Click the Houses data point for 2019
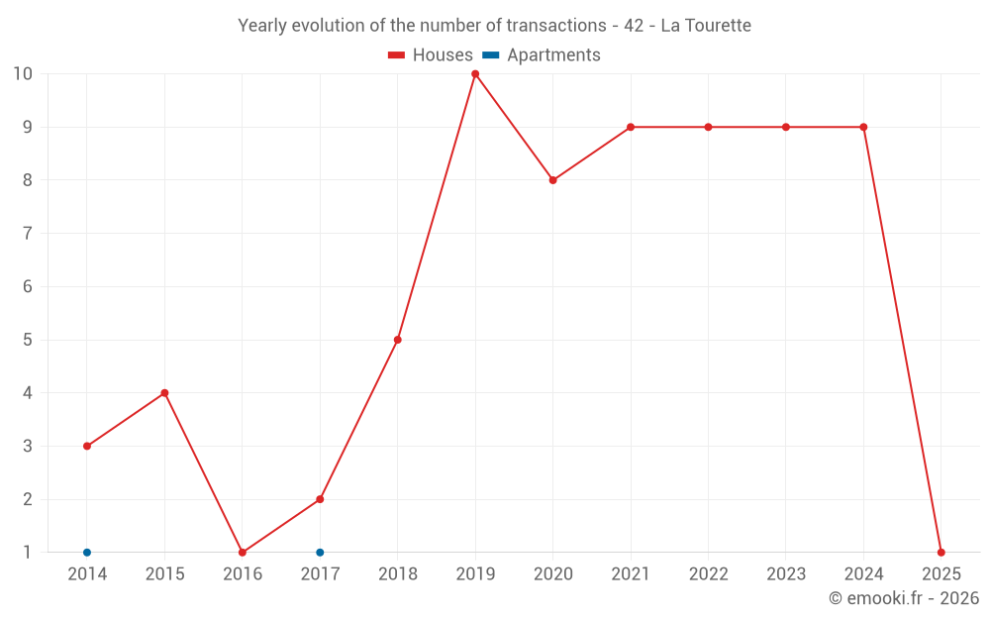coord(475,74)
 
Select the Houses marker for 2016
coord(243,553)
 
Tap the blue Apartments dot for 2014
coord(87,553)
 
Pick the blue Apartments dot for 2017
coord(320,553)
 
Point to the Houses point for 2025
coord(940,553)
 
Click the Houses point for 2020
coord(552,180)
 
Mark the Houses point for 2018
coord(398,340)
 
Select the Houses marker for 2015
coord(164,393)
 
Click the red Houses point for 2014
coord(87,446)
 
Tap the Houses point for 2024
coord(863,127)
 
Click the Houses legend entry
coord(431,55)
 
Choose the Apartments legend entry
coord(542,55)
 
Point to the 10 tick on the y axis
coord(23,74)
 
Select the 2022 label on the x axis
coord(708,574)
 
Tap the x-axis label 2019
coord(475,574)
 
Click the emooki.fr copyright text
coord(904,598)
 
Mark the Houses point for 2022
coord(708,127)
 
